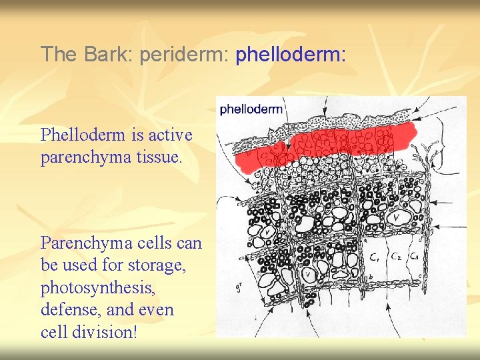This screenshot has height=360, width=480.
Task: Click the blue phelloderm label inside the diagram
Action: coord(251,109)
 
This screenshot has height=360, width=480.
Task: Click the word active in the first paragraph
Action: coord(170,135)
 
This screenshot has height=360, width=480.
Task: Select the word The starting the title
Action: coord(59,54)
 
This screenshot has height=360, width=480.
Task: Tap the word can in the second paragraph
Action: coord(188,242)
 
